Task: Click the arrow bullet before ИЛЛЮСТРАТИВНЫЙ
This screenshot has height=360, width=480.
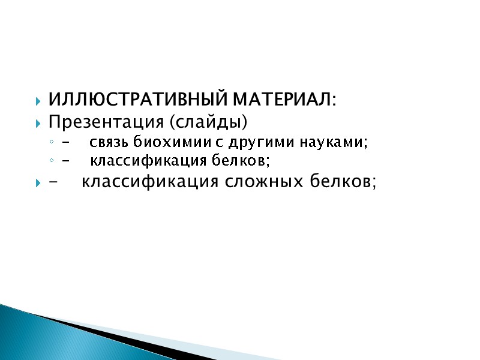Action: click(x=39, y=99)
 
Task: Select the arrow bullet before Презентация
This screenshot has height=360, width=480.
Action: click(x=39, y=123)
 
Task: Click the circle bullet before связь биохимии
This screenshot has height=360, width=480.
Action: click(x=52, y=143)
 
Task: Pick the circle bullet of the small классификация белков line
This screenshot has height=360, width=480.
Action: click(x=52, y=161)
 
